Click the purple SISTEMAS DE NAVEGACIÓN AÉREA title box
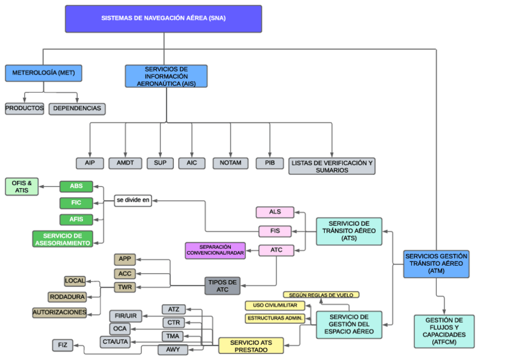[x=163, y=19]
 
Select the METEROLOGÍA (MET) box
[x=43, y=73]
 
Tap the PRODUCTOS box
[x=25, y=109]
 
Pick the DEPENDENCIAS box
[x=77, y=109]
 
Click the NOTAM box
[x=230, y=163]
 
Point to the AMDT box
[x=125, y=163]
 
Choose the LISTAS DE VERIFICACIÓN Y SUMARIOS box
[x=331, y=166]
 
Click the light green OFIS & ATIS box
[x=22, y=186]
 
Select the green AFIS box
[x=76, y=219]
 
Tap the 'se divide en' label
[x=133, y=200]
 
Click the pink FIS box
[x=275, y=231]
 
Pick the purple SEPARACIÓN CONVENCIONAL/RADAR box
[x=215, y=251]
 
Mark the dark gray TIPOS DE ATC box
[x=222, y=285]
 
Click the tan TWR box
[x=125, y=288]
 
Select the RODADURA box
[x=67, y=297]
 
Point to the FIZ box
[x=63, y=345]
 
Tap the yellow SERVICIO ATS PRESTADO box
[x=251, y=346]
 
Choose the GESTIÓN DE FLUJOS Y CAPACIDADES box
[x=444, y=331]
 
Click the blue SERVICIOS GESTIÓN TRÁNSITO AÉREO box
[x=436, y=264]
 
